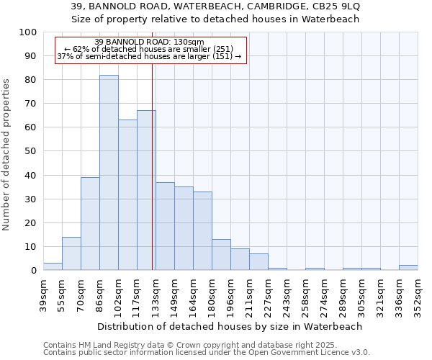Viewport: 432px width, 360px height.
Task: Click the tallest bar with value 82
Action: click(109, 173)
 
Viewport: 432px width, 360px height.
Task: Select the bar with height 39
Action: click(90, 224)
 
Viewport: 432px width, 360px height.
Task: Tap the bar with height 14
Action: click(71, 253)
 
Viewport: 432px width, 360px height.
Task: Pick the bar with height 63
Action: click(127, 195)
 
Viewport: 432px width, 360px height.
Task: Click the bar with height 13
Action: click(221, 255)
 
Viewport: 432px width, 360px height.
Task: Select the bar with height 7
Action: click(258, 262)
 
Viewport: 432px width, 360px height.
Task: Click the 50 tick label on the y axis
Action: click(31, 151)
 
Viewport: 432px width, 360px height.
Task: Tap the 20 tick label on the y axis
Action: click(31, 223)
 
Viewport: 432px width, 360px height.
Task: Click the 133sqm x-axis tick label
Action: click(156, 295)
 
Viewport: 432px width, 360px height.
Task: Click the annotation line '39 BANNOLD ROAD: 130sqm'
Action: click(149, 42)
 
